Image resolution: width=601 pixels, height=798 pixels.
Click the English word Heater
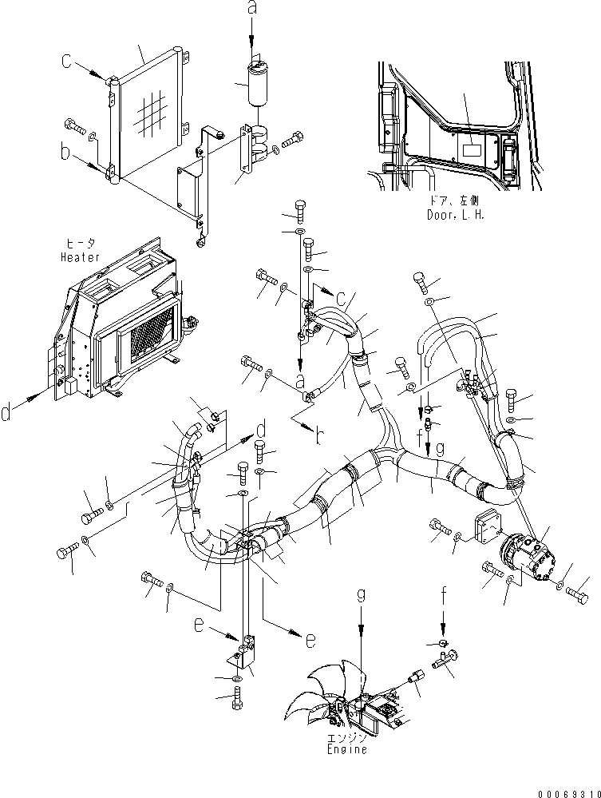coord(81,257)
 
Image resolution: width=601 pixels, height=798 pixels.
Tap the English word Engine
coord(348,750)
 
